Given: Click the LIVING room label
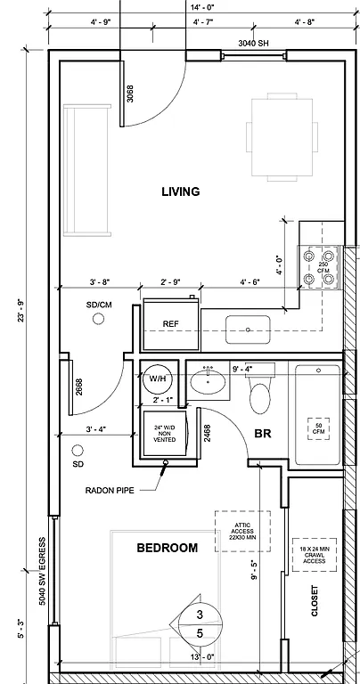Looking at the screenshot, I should click(x=180, y=191).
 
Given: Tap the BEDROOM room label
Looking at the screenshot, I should click(x=167, y=548).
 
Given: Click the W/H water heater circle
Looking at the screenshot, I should click(x=158, y=379).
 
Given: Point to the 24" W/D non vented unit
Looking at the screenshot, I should click(x=165, y=434).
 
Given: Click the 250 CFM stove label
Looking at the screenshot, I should click(x=323, y=266).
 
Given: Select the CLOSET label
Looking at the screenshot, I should click(x=315, y=602).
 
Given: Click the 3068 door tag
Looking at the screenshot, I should click(x=130, y=94).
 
